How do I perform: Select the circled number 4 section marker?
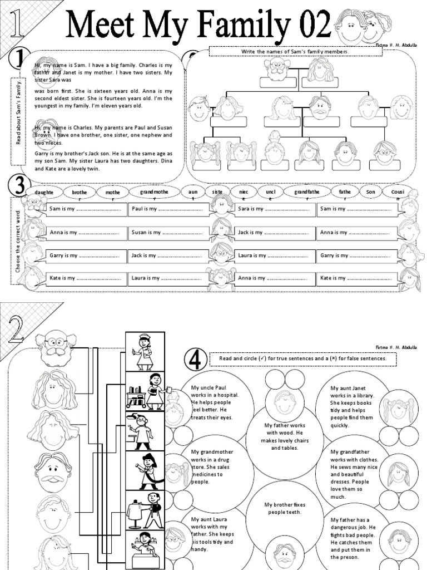click(x=195, y=359)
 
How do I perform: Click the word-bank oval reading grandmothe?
click(x=154, y=193)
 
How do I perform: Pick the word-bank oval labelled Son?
click(x=371, y=193)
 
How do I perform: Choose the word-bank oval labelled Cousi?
click(x=398, y=193)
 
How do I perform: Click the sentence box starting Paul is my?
click(x=168, y=210)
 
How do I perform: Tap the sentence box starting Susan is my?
click(x=168, y=233)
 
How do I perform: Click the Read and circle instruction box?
click(x=303, y=359)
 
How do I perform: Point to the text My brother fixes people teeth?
click(x=285, y=508)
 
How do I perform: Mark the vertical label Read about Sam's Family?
click(x=18, y=112)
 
